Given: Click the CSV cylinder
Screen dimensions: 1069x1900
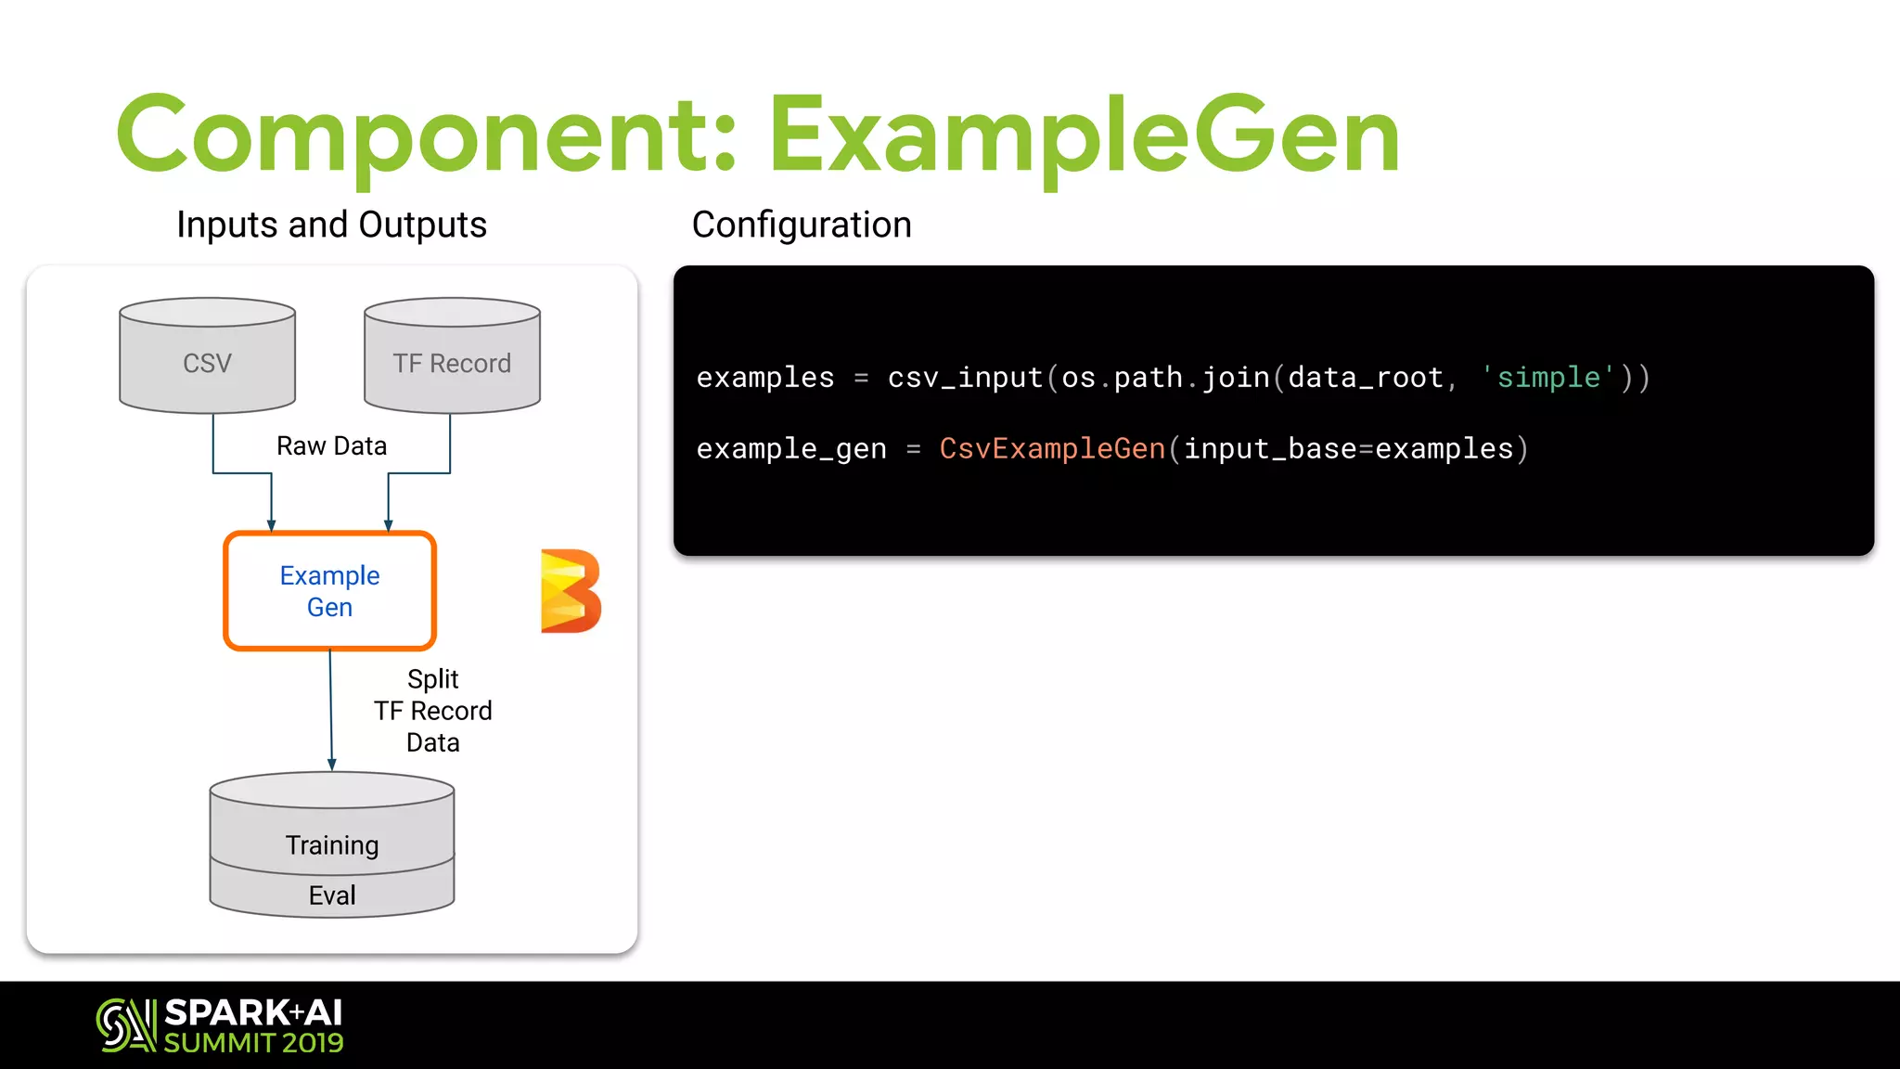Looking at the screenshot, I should pyautogui.click(x=207, y=356).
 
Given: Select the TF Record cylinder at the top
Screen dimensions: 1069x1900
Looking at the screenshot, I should pyautogui.click(x=452, y=356).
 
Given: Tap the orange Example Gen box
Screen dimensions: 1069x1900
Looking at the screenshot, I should pyautogui.click(x=329, y=591).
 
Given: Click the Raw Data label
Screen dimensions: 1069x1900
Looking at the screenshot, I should pyautogui.click(x=331, y=446).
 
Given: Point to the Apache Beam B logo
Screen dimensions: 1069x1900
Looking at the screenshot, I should pyautogui.click(x=570, y=591).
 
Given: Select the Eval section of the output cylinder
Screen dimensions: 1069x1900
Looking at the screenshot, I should pyautogui.click(x=331, y=895).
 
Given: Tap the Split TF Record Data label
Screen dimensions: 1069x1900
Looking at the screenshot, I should pyautogui.click(x=432, y=711).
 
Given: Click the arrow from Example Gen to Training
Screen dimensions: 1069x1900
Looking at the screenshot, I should pyautogui.click(x=331, y=710).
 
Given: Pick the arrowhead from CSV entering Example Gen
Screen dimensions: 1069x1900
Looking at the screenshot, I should pyautogui.click(x=271, y=524).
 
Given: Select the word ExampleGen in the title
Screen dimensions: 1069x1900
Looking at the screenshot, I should pyautogui.click(x=1084, y=136).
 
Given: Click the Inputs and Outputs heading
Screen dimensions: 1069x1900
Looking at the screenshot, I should pyautogui.click(x=331, y=225).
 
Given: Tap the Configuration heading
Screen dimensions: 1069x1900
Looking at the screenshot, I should pyautogui.click(x=802, y=225).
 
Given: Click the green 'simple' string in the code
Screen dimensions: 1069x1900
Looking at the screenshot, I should pyautogui.click(x=1548, y=378).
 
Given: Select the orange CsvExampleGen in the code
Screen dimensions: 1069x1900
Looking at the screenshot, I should pyautogui.click(x=1052, y=449).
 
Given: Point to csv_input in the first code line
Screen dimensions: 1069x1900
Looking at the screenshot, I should pyautogui.click(x=965, y=378).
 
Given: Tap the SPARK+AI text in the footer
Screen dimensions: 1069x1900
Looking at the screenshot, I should pyautogui.click(x=253, y=1012).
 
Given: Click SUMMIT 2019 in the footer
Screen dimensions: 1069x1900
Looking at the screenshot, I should pyautogui.click(x=253, y=1043).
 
